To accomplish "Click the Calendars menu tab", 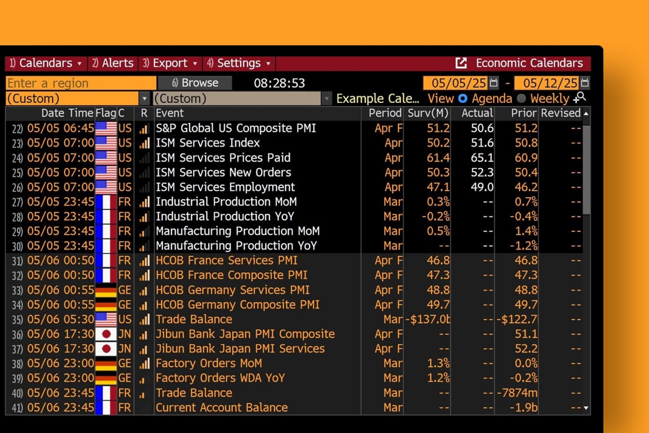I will [45, 63].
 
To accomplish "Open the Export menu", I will [170, 63].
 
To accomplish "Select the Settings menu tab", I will [239, 63].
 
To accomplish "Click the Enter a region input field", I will [80, 83].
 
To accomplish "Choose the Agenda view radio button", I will [462, 99].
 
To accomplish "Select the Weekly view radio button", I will [522, 99].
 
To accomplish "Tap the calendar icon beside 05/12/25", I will [585, 83].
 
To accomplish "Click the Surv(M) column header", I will [428, 113].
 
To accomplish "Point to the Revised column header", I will [560, 113].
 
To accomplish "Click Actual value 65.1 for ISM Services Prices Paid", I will [482, 158].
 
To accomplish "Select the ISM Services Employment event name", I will [225, 187].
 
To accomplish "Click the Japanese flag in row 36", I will [106, 334].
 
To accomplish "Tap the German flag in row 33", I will [106, 290].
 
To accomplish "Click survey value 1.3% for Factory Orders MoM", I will [438, 364].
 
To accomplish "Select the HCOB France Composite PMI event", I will [231, 275].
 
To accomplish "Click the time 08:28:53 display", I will [279, 83].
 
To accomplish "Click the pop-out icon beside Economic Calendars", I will [461, 63].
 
